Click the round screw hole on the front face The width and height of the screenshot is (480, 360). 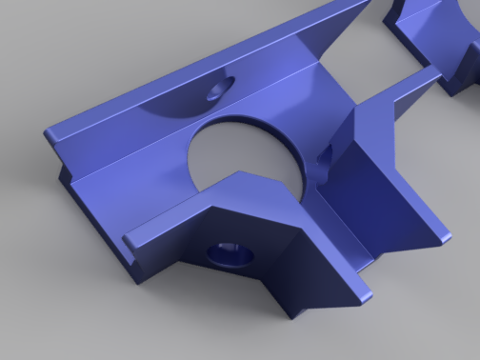230,253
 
